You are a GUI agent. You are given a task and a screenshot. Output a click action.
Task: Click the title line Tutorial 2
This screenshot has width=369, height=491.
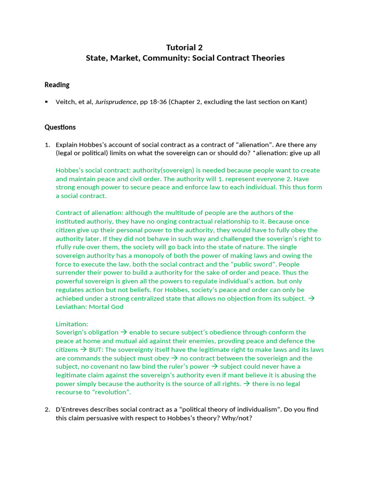tap(184, 47)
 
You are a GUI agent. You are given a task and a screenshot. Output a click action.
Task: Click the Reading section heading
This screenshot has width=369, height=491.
tap(57, 85)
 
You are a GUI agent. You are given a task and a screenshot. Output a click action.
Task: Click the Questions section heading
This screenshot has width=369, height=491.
tap(60, 127)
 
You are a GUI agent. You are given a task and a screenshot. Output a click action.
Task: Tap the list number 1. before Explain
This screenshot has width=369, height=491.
tap(47, 144)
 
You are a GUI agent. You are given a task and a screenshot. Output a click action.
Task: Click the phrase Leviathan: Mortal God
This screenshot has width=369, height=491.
tap(89, 307)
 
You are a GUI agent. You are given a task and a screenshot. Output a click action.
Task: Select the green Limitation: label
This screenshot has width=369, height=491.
tap(72, 324)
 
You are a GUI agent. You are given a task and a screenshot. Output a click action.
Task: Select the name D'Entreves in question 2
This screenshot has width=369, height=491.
tap(74, 409)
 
